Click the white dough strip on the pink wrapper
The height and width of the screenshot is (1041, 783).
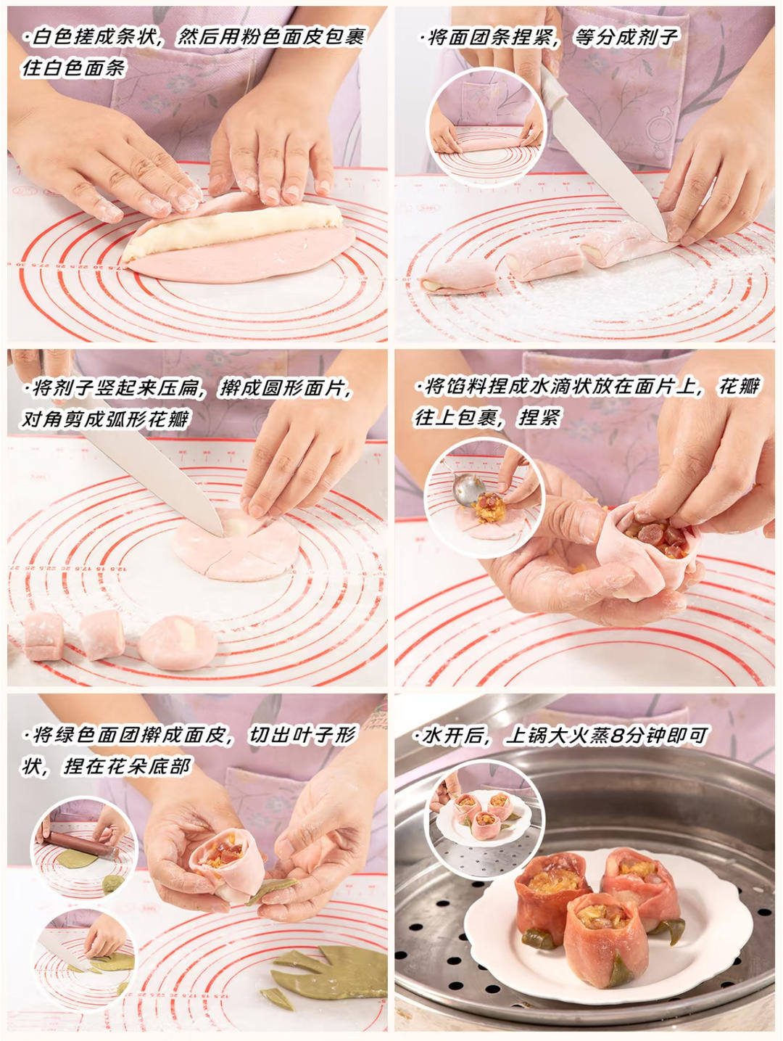point(232,231)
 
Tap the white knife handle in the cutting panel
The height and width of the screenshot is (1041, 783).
point(552,87)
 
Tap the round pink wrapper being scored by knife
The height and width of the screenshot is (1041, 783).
point(237,545)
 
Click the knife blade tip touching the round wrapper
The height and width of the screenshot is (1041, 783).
point(221,535)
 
